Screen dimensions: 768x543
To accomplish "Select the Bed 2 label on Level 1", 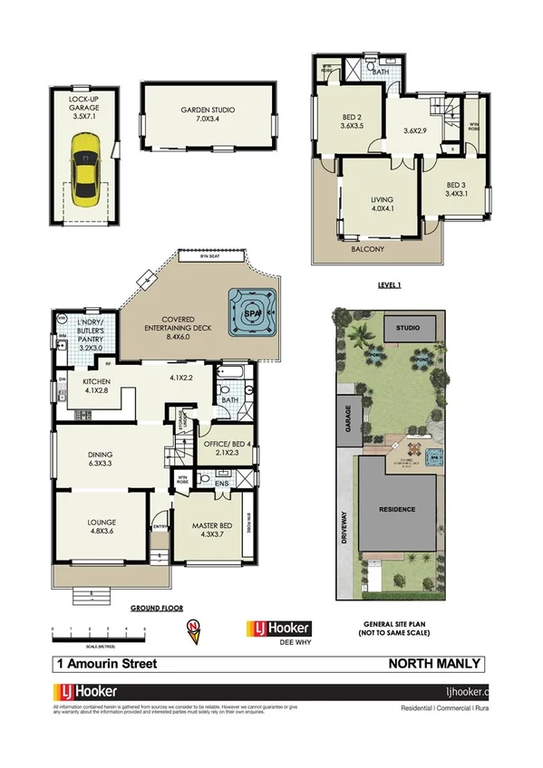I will point(352,122).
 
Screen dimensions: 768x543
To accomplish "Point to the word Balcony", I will point(369,249).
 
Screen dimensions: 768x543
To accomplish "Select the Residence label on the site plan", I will point(396,509).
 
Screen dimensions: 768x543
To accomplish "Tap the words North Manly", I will point(434,664).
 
